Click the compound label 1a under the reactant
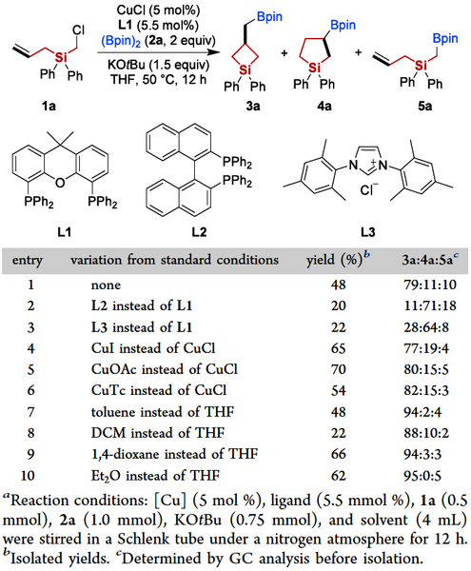click(49, 106)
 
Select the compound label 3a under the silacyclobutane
click(253, 106)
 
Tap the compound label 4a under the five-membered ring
click(324, 106)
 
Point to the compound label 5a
click(424, 106)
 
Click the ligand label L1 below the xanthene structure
click(65, 231)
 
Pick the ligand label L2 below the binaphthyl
click(199, 231)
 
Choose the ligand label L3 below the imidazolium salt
click(367, 231)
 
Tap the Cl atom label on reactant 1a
click(78, 30)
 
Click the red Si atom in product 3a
click(245, 69)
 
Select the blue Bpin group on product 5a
click(444, 39)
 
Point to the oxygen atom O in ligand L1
click(60, 182)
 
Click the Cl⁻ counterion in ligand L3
click(369, 189)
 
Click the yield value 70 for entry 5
click(338, 369)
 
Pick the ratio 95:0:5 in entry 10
click(423, 475)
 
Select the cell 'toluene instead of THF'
click(163, 411)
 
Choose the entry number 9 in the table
click(31, 454)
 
